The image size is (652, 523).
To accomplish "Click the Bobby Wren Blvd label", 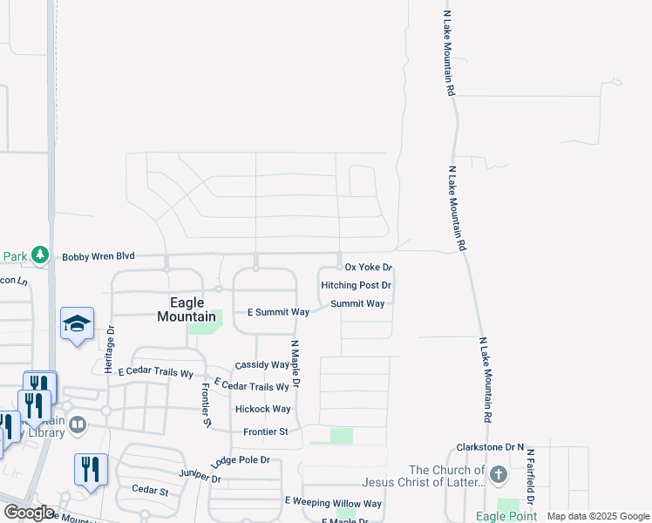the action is pos(98,256).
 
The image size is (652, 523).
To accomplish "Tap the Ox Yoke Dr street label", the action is pos(369,268).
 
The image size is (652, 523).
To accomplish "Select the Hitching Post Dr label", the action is pos(356,285).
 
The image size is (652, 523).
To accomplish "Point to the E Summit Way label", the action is pos(279,311).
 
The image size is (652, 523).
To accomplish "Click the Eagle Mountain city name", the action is pos(187,309).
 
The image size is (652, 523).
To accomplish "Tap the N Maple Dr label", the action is pos(295,363).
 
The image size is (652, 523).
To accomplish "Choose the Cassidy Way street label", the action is pos(261,365).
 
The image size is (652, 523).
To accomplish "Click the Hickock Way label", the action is pos(262,409).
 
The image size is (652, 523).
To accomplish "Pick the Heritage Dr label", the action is pos(110,349).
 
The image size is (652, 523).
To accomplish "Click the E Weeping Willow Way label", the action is pos(333,503).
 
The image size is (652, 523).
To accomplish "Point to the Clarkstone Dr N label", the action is pos(490,447).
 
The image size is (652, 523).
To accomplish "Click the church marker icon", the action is pos(498,475).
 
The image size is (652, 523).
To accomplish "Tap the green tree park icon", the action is pos(39,255).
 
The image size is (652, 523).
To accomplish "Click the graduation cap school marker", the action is pos(77,323).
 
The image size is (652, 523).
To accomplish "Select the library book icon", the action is pos(78,425).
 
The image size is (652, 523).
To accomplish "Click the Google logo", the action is pos(28,513).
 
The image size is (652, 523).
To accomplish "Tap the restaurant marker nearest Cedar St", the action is pos(91,469).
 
